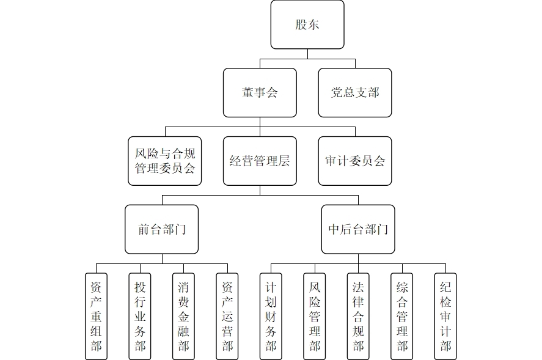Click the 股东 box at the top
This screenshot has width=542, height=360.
point(307,25)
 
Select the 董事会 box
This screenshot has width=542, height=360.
point(260,93)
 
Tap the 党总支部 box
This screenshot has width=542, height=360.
point(355,93)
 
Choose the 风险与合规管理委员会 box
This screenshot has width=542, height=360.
point(164,161)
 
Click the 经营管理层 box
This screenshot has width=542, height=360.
point(260,161)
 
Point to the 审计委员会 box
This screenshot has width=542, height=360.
point(355,161)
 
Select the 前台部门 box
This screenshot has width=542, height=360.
point(162,229)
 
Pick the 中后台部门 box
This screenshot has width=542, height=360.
point(358,229)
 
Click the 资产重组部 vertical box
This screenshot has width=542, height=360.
point(96,316)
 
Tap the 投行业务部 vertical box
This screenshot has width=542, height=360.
point(140,316)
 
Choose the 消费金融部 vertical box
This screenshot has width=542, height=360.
point(183,316)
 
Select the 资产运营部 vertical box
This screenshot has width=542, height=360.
point(227,316)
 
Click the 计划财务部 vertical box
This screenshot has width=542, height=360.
point(271,316)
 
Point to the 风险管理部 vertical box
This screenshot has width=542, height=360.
point(315,316)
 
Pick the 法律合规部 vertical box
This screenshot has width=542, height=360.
point(358,316)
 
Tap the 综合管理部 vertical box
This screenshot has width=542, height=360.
point(402,316)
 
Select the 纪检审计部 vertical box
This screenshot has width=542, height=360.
point(445,316)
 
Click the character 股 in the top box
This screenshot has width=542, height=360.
point(301,25)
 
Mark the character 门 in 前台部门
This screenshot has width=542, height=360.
point(180,230)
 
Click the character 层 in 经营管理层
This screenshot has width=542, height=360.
point(284,161)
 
